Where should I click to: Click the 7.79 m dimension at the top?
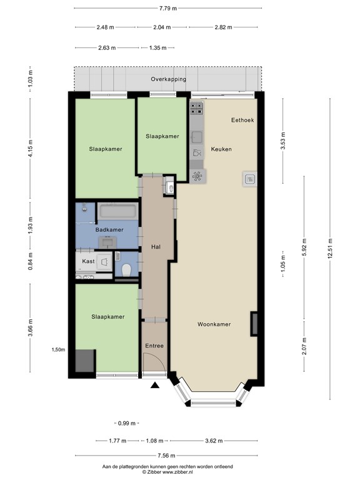coord(167,8)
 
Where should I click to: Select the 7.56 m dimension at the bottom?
coord(166,456)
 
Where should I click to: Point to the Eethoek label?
coord(242,120)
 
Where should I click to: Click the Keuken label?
coord(221,149)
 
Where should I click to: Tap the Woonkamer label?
coord(214,324)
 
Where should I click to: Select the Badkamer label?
coord(109,230)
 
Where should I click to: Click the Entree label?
coord(154,346)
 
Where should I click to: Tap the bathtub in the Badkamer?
coord(117,211)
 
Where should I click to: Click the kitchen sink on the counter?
coord(197,137)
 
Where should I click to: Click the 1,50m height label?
coord(58,350)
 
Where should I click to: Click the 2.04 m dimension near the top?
coord(162,27)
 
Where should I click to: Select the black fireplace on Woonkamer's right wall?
coord(254,324)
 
